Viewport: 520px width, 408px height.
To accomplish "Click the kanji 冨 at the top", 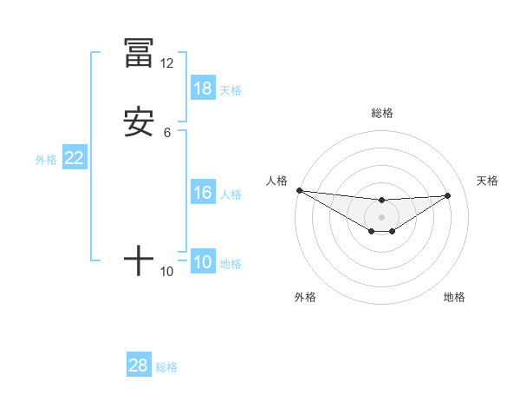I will click(139, 53).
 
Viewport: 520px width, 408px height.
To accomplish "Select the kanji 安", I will click(139, 122).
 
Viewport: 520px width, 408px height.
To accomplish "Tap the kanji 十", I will click(139, 260).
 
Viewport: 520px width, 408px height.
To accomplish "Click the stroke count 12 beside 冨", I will click(166, 63).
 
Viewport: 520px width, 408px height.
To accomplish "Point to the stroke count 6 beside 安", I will click(166, 133).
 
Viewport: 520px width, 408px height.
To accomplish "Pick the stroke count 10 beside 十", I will click(166, 272).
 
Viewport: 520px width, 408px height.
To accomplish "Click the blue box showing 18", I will click(203, 89).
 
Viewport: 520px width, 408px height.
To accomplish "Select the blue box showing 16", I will click(203, 193).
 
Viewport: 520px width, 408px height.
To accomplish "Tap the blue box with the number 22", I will click(75, 158).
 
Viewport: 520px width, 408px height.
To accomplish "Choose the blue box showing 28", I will click(139, 365).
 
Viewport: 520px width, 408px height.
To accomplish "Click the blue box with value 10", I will click(203, 262).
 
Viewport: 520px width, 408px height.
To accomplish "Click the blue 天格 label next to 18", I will click(231, 89).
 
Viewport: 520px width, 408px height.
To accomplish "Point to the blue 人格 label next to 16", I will click(231, 194).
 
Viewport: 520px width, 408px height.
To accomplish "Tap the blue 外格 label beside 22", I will click(46, 159).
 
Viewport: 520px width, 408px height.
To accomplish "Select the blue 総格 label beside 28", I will click(166, 366).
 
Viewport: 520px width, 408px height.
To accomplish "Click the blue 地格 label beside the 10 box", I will click(231, 263).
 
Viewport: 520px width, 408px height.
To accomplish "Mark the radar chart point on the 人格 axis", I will click(299, 190).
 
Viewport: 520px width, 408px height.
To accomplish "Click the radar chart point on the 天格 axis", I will click(448, 195).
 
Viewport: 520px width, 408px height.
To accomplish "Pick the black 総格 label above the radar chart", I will click(381, 113).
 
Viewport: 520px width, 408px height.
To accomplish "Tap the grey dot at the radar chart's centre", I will click(381, 217).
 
